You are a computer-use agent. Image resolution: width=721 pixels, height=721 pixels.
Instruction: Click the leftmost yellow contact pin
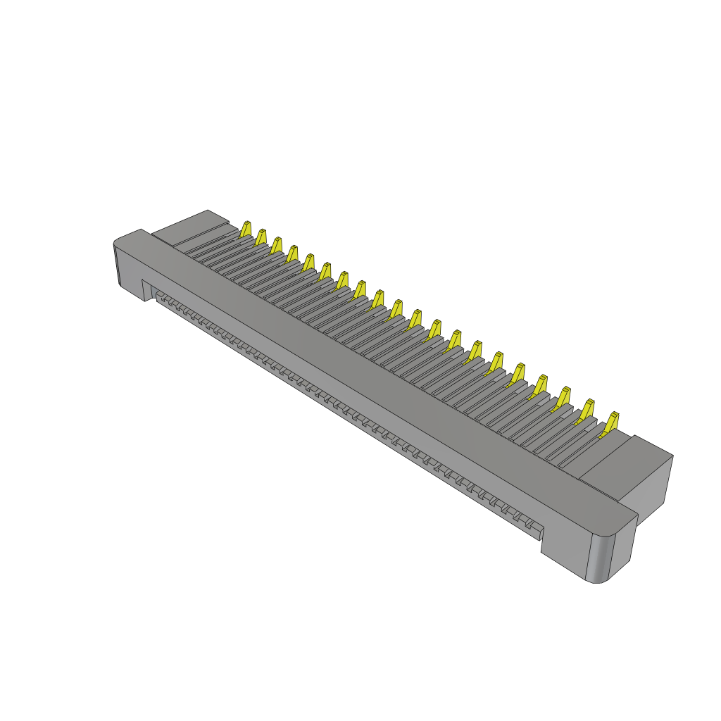[x=246, y=229]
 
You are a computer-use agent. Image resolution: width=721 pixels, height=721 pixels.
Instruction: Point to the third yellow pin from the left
[x=277, y=245]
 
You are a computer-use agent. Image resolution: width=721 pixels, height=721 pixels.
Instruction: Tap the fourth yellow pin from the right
[x=540, y=384]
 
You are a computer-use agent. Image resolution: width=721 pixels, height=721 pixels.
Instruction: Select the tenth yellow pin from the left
[x=396, y=308]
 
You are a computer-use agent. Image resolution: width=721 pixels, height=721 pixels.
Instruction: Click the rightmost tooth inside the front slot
[x=532, y=525]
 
